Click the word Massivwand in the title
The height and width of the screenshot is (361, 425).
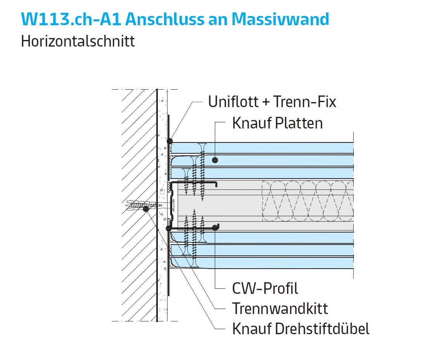pyautogui.click(x=280, y=19)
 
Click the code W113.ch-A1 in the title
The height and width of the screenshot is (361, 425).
pyautogui.click(x=71, y=19)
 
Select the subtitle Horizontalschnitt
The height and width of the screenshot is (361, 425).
pyautogui.click(x=78, y=41)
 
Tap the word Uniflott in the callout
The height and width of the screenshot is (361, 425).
pyautogui.click(x=233, y=102)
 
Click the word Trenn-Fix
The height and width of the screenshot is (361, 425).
pyautogui.click(x=305, y=102)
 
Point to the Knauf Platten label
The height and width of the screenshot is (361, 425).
pyautogui.click(x=278, y=123)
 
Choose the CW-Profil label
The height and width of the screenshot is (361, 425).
pyautogui.click(x=265, y=288)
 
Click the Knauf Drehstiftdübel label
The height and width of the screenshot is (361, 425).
pyautogui.click(x=301, y=329)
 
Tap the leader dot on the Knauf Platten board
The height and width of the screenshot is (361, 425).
pyautogui.click(x=215, y=160)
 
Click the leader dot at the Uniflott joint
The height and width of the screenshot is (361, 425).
pyautogui.click(x=170, y=141)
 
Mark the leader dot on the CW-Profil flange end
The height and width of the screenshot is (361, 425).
pyautogui.click(x=216, y=227)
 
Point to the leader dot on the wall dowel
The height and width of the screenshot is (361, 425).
pyautogui.click(x=146, y=209)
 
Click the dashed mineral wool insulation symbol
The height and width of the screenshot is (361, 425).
pyautogui.click(x=308, y=201)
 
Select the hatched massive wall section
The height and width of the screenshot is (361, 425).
pyautogui.click(x=139, y=205)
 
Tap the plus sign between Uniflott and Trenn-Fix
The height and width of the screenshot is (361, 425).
pyautogui.click(x=266, y=102)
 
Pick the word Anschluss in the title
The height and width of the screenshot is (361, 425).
pyautogui.click(x=176, y=19)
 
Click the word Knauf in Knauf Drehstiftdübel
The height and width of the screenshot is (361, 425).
pyautogui.click(x=252, y=329)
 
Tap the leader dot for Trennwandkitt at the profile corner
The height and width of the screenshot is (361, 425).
pyautogui.click(x=169, y=228)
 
